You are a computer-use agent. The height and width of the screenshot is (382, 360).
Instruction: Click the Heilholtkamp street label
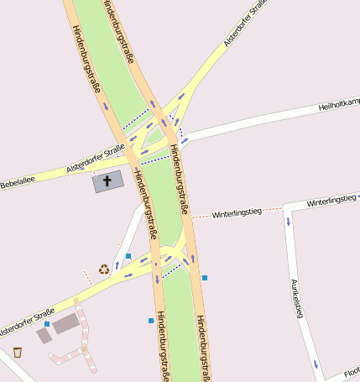click(339, 106)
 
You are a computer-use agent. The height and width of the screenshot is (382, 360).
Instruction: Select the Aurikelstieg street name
click(295, 298)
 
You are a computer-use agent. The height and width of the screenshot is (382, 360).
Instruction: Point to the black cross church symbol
click(107, 181)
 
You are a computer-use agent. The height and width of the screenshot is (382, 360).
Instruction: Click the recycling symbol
click(104, 269)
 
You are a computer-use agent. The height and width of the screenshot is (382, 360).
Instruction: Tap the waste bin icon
click(18, 353)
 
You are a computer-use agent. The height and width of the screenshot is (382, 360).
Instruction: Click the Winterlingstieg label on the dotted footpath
click(237, 213)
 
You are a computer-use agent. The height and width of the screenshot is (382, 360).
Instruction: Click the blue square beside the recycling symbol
click(128, 255)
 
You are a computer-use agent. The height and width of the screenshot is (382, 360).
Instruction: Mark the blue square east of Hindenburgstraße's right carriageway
click(205, 277)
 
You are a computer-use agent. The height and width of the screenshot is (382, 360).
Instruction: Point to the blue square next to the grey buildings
click(48, 324)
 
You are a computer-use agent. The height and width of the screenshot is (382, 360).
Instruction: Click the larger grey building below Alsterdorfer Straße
click(67, 323)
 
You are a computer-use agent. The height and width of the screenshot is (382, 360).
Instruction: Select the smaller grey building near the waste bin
click(44, 336)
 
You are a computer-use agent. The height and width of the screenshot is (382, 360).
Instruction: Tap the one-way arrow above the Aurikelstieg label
click(289, 222)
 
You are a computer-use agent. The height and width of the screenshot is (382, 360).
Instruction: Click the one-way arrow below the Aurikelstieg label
click(316, 364)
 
